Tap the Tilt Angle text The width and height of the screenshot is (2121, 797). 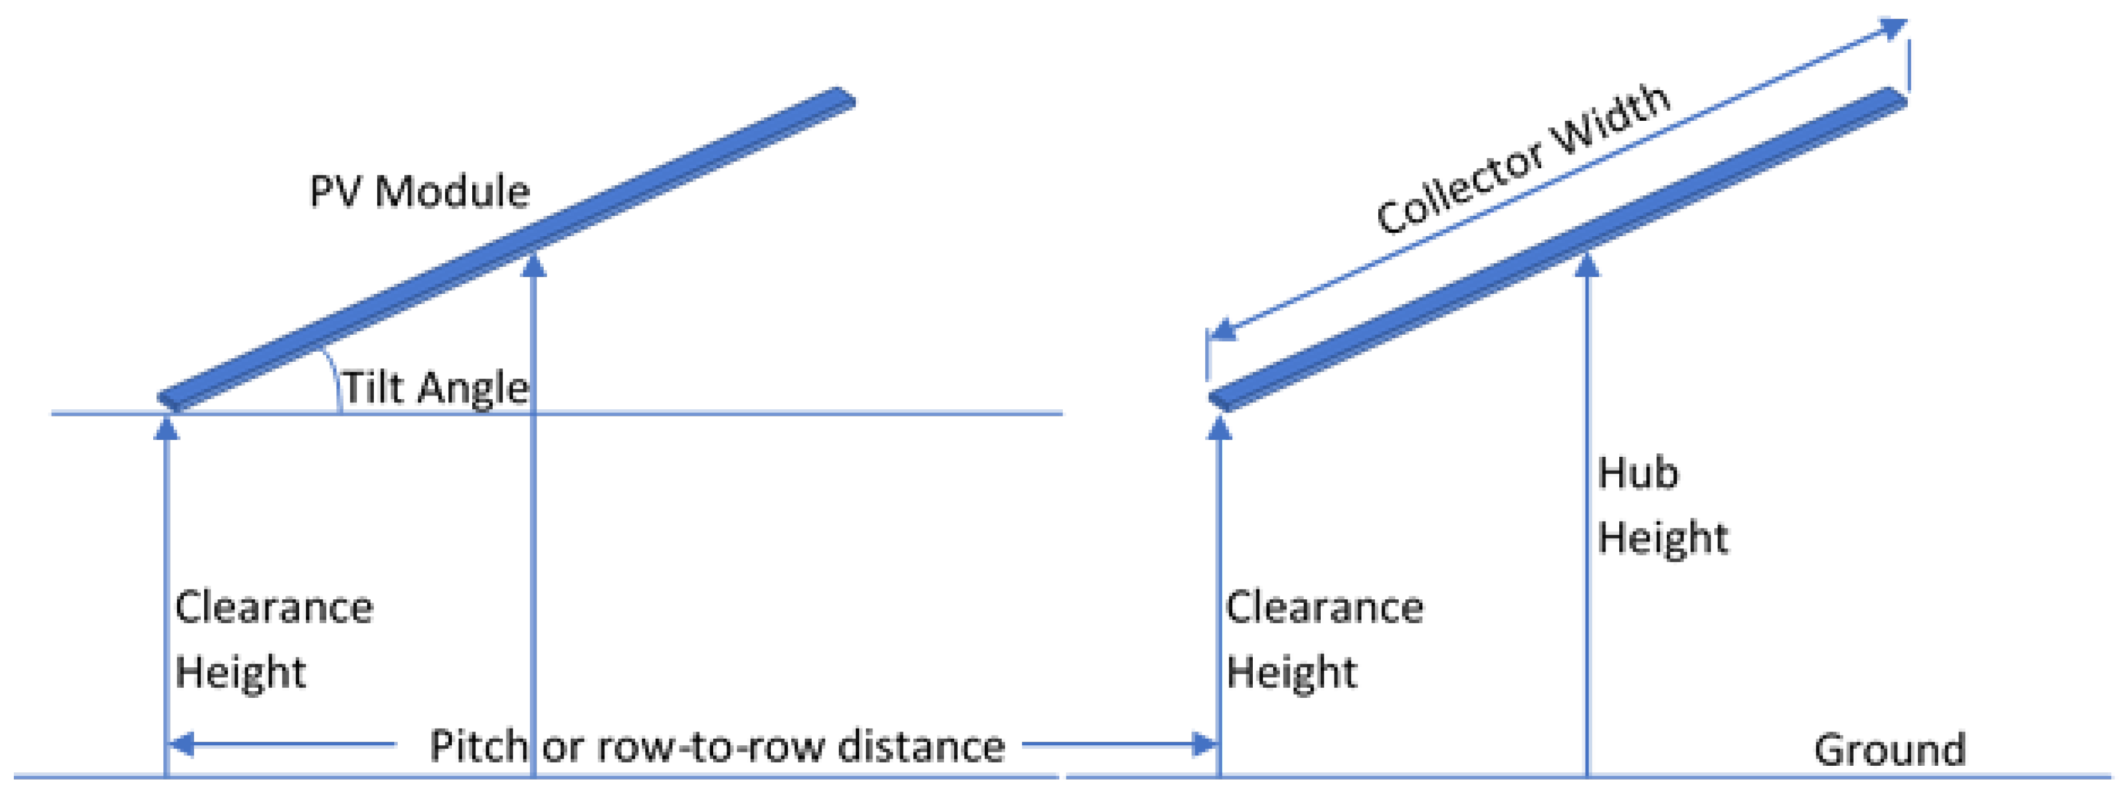coord(435,387)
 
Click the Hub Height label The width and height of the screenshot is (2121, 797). coord(1661,505)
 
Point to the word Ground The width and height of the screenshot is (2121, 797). coord(1890,750)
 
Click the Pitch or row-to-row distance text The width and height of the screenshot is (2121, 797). coord(716,746)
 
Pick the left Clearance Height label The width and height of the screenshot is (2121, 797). coord(273,640)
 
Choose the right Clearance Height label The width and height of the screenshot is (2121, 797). coord(1324,640)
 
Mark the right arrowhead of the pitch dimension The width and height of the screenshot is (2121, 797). coord(1205,744)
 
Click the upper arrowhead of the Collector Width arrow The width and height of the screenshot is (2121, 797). coord(1894,28)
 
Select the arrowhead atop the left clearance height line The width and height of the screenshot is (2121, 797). coord(166,428)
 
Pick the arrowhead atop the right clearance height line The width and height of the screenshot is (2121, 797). coord(1219,428)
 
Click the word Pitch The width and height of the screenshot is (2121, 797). coord(478,746)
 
